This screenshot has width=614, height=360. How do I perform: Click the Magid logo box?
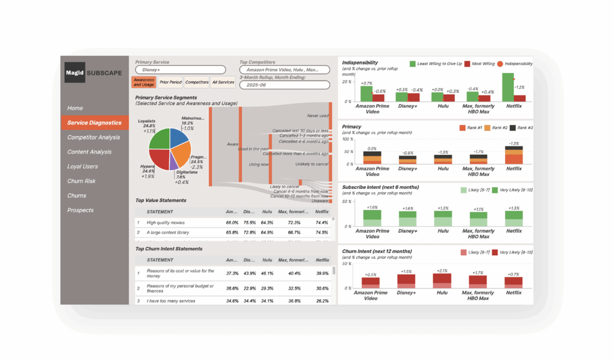click(75, 72)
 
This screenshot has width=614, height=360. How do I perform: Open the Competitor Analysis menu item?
click(94, 137)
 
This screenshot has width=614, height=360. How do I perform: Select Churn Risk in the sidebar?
click(81, 181)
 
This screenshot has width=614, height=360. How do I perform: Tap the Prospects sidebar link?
click(80, 210)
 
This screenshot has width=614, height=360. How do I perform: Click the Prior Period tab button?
click(170, 82)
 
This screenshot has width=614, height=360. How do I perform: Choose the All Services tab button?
click(223, 82)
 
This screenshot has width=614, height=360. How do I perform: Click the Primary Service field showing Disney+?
click(180, 70)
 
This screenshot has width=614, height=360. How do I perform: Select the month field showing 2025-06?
click(284, 85)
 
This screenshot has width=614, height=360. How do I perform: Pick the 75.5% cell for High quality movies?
click(249, 222)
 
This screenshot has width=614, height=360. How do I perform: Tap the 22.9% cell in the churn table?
click(249, 288)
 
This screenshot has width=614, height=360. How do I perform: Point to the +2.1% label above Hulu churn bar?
click(442, 271)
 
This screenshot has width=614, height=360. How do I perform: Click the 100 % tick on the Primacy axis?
click(348, 139)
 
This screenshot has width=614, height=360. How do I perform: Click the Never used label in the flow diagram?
click(317, 116)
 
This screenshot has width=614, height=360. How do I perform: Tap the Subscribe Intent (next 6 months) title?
click(380, 187)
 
